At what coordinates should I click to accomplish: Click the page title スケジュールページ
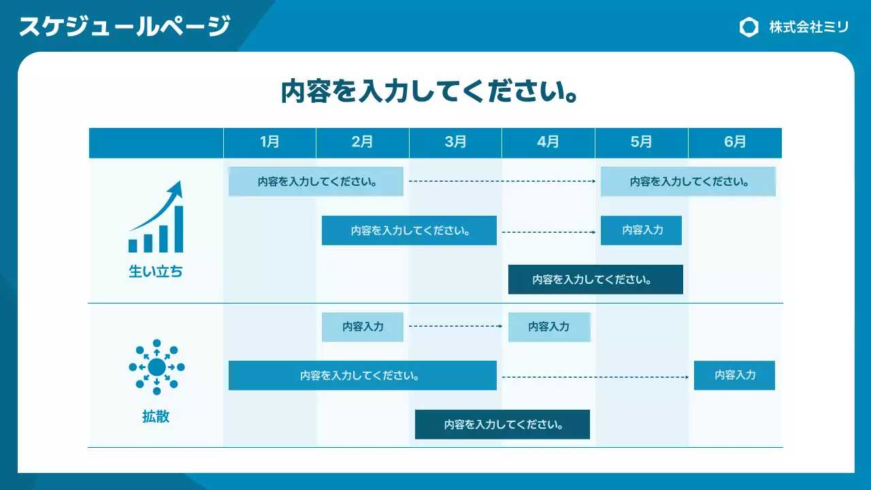125,27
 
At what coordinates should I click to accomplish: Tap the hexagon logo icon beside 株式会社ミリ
749,27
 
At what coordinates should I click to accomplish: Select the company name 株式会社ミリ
808,27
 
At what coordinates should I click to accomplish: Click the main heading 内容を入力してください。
430,91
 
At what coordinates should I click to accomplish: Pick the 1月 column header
269,142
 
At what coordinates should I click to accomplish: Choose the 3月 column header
455,142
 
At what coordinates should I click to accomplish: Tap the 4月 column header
548,142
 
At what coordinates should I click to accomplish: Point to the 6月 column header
735,142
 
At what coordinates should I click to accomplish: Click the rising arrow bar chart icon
156,217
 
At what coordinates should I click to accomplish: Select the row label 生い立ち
156,272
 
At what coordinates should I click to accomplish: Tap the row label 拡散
156,416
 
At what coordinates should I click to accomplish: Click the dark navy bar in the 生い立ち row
595,280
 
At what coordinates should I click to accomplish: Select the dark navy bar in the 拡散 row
502,425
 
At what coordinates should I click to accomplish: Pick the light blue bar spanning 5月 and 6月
688,182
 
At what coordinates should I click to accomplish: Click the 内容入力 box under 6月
734,375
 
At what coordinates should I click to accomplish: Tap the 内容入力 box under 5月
641,230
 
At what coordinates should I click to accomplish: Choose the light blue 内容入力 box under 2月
363,327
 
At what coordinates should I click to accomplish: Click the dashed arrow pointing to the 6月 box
595,376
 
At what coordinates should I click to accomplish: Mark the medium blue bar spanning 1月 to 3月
363,376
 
